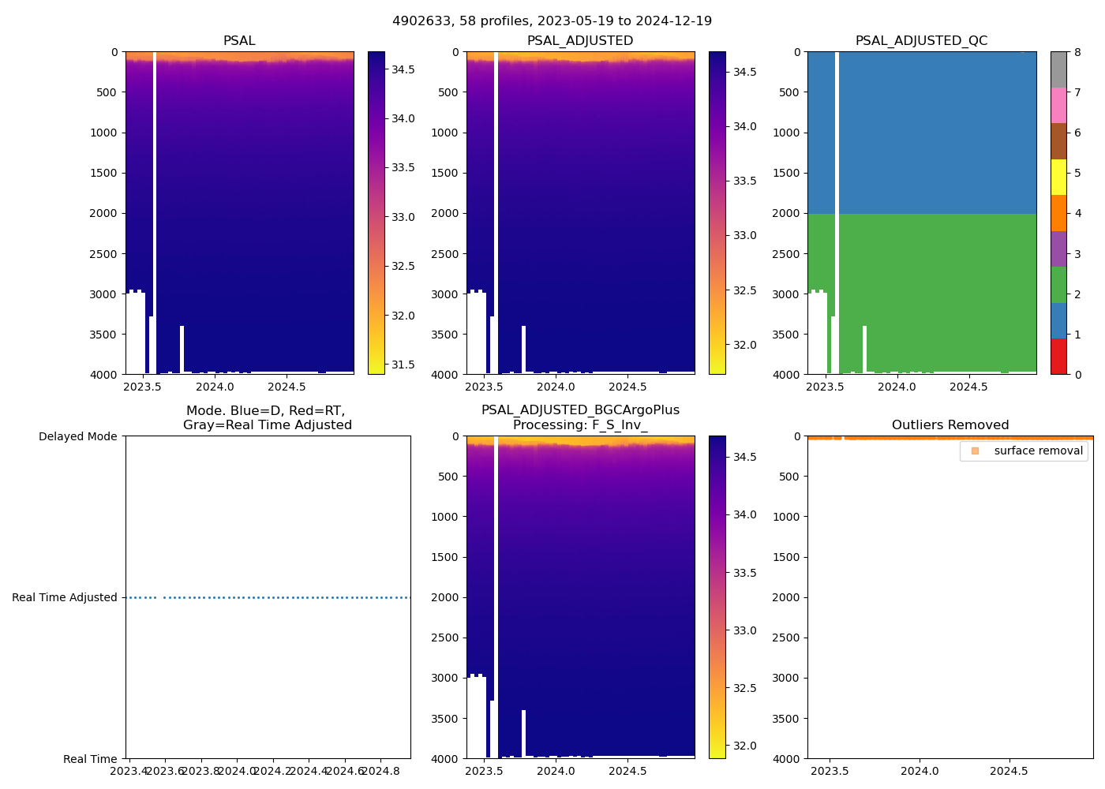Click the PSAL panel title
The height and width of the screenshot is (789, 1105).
(x=239, y=41)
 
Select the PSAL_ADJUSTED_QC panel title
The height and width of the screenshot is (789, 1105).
(x=921, y=41)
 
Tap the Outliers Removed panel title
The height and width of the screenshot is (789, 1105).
(x=950, y=425)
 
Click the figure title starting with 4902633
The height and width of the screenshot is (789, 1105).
(x=552, y=21)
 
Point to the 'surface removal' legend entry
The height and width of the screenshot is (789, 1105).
(x=1038, y=451)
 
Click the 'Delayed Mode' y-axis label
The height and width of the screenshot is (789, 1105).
(x=77, y=436)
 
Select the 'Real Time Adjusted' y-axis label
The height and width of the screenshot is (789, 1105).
(x=65, y=597)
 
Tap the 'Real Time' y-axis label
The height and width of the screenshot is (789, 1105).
(x=90, y=759)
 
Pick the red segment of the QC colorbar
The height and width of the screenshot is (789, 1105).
(x=1058, y=357)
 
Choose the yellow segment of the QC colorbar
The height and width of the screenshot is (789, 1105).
(x=1058, y=178)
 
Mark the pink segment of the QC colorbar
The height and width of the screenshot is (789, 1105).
(x=1058, y=106)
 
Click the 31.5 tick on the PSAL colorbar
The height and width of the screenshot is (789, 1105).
(x=403, y=365)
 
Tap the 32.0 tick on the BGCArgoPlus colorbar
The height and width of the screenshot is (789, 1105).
(x=744, y=746)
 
